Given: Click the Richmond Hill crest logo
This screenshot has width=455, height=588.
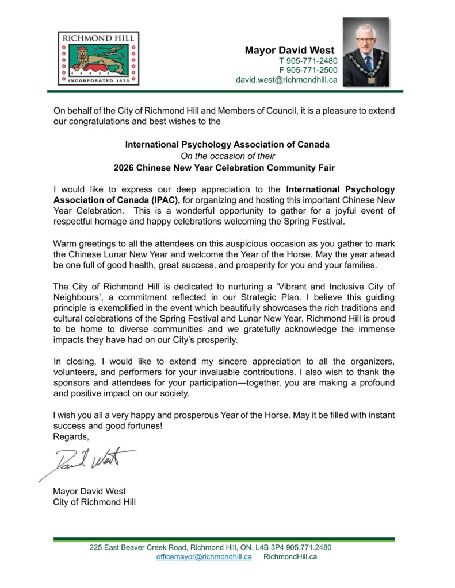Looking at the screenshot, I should (98, 58).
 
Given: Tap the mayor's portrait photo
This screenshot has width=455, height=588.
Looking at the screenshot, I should (366, 52).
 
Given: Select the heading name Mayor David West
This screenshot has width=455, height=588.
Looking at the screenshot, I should (290, 51).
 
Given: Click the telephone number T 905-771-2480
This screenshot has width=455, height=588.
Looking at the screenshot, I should (308, 61).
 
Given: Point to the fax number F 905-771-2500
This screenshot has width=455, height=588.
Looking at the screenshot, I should (308, 70).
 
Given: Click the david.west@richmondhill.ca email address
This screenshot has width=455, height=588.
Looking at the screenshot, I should (286, 80).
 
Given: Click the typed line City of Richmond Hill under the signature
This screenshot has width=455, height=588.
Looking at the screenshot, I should (94, 502).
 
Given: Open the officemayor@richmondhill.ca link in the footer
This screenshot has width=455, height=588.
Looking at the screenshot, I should (204, 557).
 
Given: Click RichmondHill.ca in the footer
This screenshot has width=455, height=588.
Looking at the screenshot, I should (290, 557).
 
